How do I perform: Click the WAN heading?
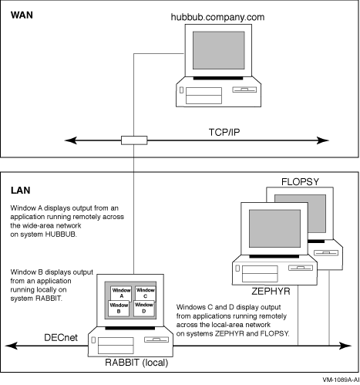22,15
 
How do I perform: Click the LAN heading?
20,191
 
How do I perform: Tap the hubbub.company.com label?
217,17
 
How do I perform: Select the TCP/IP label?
224,132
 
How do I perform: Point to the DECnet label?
61,337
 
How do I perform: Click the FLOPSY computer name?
300,182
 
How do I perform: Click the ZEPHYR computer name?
271,292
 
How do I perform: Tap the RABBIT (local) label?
136,363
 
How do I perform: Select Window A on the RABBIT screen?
121,293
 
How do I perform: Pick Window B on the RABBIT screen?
119,308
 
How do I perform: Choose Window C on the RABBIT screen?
146,293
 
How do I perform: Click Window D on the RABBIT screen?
144,308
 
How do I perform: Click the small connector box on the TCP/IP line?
134,140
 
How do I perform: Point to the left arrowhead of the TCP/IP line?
71,140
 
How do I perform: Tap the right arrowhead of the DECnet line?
345,346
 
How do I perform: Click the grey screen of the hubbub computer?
219,50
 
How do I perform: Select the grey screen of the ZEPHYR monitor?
274,228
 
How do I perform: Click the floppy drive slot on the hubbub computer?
244,89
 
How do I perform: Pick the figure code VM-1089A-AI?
341,380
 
